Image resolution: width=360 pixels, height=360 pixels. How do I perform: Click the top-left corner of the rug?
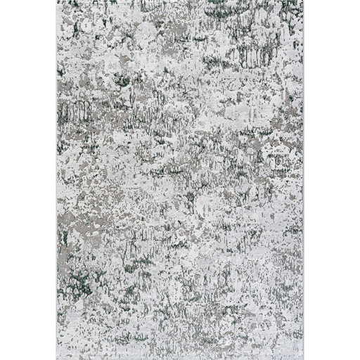[55, 1]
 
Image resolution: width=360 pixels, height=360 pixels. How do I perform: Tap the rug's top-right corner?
[305, 1]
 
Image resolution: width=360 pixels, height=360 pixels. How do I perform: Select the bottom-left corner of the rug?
[55, 359]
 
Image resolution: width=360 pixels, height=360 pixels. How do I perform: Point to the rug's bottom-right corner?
[305, 359]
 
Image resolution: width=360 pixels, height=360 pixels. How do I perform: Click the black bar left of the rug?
[27, 180]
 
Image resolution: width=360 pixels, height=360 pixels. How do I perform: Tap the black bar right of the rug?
[333, 180]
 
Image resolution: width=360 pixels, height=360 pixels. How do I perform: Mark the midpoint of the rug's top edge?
[180, 1]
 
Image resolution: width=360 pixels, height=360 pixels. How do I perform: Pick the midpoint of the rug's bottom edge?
[180, 359]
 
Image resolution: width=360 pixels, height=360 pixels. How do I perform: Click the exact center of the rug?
[180, 180]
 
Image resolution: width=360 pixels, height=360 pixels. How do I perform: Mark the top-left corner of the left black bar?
[0, 0]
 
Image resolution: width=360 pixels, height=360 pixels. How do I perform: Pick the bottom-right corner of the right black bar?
[359, 359]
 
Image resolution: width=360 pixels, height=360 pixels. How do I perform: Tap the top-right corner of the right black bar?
[359, 0]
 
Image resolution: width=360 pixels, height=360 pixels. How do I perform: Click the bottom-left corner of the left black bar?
[0, 359]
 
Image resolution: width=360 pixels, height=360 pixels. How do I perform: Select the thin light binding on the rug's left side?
[56, 211]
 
